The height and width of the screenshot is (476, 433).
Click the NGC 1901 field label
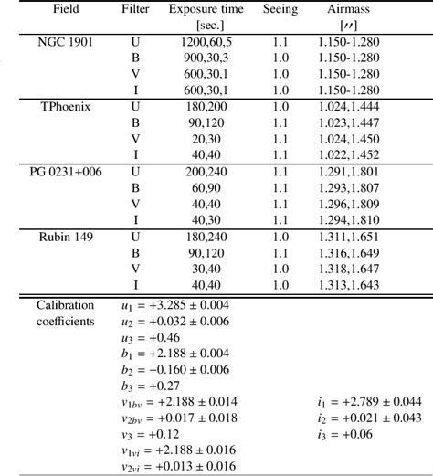64,44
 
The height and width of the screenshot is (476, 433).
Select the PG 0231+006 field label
64,171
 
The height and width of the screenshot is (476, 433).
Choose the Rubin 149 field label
64,235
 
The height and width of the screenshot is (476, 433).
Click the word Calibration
64,305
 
